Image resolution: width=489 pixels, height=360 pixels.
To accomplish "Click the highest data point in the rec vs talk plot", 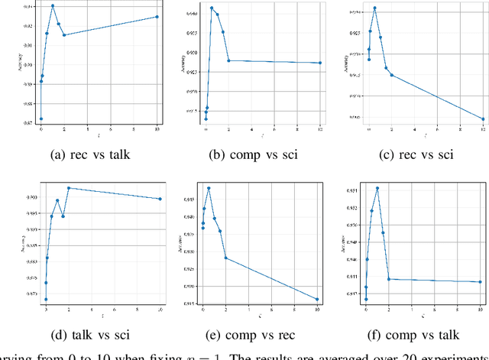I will [53, 6].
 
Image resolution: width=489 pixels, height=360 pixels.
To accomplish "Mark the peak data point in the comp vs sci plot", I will [212, 8].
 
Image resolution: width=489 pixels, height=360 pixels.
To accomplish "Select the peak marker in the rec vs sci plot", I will [374, 8].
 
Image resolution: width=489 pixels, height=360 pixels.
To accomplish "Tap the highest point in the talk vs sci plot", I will [69, 188].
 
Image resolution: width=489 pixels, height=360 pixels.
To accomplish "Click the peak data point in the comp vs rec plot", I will [209, 188].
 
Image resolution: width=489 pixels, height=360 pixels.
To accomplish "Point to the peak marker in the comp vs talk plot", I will [377, 188].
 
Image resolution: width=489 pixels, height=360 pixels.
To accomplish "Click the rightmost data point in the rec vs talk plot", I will [157, 17].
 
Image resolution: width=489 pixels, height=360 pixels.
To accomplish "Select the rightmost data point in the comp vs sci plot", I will [320, 63].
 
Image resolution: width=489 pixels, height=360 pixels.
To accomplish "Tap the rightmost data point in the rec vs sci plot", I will [483, 118].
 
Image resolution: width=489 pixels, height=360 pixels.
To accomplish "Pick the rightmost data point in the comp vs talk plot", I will [480, 282].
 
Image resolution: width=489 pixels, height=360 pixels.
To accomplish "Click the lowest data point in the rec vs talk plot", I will [41, 118].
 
